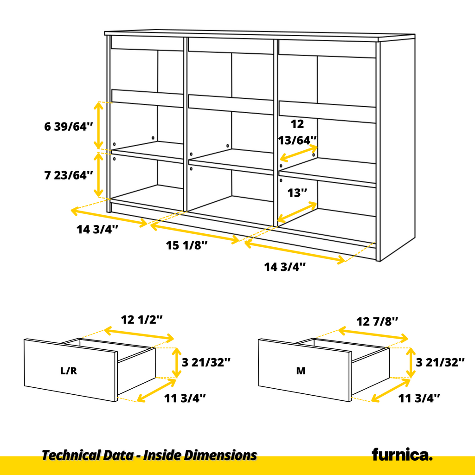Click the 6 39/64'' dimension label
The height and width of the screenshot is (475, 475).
69,126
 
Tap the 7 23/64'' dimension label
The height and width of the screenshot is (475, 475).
69,175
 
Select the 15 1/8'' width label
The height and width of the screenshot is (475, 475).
187,245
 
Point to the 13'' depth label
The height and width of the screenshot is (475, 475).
297,193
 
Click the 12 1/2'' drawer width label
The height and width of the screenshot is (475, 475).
142,320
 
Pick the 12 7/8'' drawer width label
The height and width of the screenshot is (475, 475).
377,321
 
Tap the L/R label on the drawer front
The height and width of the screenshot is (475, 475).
69,371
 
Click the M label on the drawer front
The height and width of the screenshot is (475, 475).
301,371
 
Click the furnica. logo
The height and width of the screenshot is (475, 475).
402,455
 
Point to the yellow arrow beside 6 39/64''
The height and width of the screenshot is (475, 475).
98,125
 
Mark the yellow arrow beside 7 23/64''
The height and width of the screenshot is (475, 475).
98,175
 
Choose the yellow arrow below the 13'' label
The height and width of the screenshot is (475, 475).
297,212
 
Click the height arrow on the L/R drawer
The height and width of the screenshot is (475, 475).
176,363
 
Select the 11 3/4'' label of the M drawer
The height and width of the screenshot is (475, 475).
419,398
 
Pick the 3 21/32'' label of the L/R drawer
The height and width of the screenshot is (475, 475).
206,362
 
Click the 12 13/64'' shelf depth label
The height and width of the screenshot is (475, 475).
297,132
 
